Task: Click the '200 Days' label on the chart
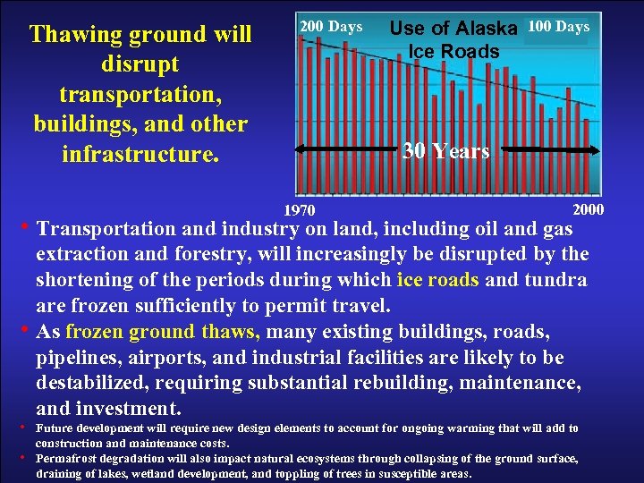point(331,27)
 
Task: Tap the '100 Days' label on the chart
point(558,27)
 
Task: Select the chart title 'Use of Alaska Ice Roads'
point(453,40)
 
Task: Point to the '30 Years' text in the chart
point(446,151)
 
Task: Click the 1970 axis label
point(300,211)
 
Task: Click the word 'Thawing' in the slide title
point(76,35)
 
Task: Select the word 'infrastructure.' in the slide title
point(140,154)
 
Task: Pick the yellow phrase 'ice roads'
point(437,280)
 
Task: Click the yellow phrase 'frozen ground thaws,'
point(163,332)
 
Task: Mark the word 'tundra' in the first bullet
point(556,280)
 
